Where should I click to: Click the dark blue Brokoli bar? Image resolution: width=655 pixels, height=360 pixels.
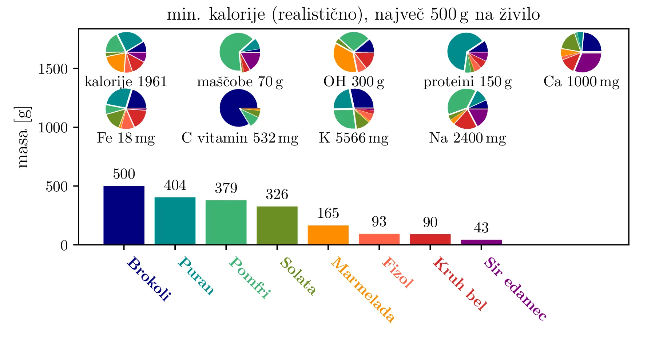pos(124,215)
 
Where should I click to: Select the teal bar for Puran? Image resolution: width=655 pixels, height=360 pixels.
pos(175,221)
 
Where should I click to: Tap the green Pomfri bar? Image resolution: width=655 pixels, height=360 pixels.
pos(226,222)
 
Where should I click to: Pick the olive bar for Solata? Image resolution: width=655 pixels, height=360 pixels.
pos(277,225)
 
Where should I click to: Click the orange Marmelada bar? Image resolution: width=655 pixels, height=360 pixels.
pos(328,235)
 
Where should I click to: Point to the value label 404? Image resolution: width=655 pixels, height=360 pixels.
pos(175,185)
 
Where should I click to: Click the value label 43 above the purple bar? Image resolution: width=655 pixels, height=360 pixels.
pos(481,228)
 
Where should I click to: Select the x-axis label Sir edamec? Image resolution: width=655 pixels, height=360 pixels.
pos(515,289)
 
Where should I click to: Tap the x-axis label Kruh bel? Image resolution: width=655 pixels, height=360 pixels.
pos(459,284)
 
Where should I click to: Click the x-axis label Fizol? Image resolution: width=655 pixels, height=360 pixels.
pos(397,272)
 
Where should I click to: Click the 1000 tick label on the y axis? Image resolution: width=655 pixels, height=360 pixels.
pos(53,128)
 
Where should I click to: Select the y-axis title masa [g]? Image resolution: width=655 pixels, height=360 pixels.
pos(24,137)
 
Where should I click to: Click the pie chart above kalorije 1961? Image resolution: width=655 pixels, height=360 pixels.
pos(126,52)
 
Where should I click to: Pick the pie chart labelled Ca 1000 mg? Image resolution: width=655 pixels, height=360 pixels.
pos(581,52)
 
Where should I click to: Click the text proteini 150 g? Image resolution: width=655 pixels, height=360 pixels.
pos(467,82)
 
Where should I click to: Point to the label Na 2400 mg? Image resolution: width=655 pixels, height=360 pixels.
pos(467,138)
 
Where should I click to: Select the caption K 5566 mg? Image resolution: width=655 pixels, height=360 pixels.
pos(354,138)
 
